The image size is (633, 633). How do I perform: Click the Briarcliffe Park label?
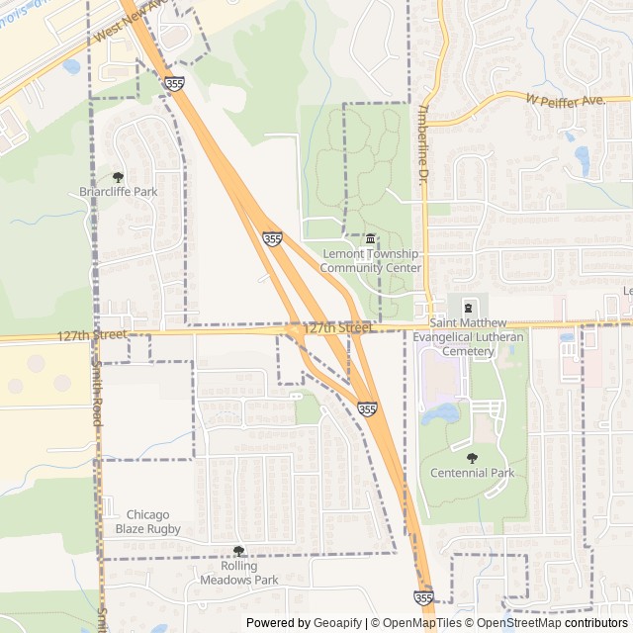tap(119, 191)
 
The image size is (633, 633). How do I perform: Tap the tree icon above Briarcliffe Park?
tap(119, 176)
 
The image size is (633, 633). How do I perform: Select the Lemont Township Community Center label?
tap(371, 261)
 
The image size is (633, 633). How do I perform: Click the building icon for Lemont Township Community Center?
tap(371, 238)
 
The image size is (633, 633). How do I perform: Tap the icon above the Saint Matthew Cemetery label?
tap(468, 308)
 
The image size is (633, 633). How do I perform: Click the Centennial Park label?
tap(472, 473)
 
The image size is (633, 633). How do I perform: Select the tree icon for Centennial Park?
tap(472, 457)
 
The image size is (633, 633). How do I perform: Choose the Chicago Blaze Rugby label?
tap(148, 521)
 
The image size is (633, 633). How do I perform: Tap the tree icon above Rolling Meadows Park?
tap(237, 551)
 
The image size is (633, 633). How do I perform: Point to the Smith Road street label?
tap(98, 396)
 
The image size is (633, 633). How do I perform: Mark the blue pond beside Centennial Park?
tap(441, 413)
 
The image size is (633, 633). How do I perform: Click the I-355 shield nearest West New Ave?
tap(174, 85)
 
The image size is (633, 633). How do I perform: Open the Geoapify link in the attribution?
tap(335, 623)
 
